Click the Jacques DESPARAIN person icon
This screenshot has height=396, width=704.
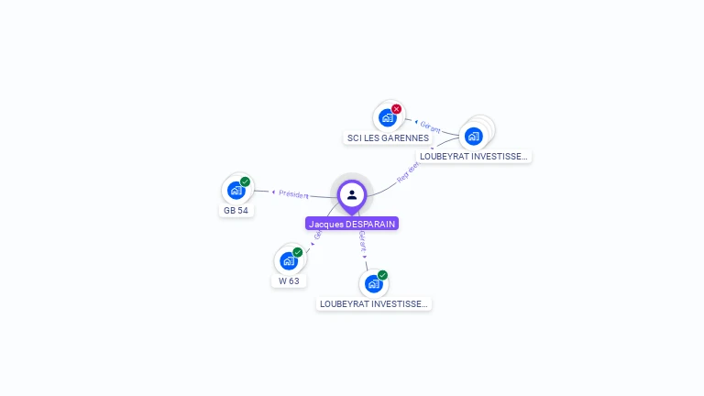[x=352, y=194]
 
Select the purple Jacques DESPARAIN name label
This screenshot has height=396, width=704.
[x=352, y=224]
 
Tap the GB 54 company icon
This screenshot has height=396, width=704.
[x=236, y=190]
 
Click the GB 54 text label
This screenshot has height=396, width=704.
[x=236, y=210]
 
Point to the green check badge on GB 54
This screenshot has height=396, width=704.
[x=246, y=181]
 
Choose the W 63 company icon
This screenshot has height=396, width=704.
[x=289, y=260]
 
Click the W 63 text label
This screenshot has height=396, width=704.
[x=289, y=281]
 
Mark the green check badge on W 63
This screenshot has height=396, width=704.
[x=298, y=252]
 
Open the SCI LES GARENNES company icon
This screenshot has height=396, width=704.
[x=388, y=117]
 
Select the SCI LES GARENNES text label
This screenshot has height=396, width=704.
[x=388, y=138]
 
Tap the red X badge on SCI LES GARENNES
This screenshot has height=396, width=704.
[x=397, y=109]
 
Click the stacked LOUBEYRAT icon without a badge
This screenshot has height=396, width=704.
[x=474, y=137]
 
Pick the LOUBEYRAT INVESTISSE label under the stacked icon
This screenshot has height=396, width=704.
[x=473, y=157]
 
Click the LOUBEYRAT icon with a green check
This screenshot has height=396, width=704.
[x=373, y=283]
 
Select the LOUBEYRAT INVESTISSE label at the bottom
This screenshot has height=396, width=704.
[x=373, y=303]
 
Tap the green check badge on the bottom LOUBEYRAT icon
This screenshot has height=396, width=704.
[x=383, y=275]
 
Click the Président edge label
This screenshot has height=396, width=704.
[x=293, y=194]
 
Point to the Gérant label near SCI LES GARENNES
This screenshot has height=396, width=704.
[x=431, y=128]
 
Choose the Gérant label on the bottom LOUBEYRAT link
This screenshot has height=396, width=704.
[x=363, y=241]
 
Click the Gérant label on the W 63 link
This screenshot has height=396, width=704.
[x=318, y=233]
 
